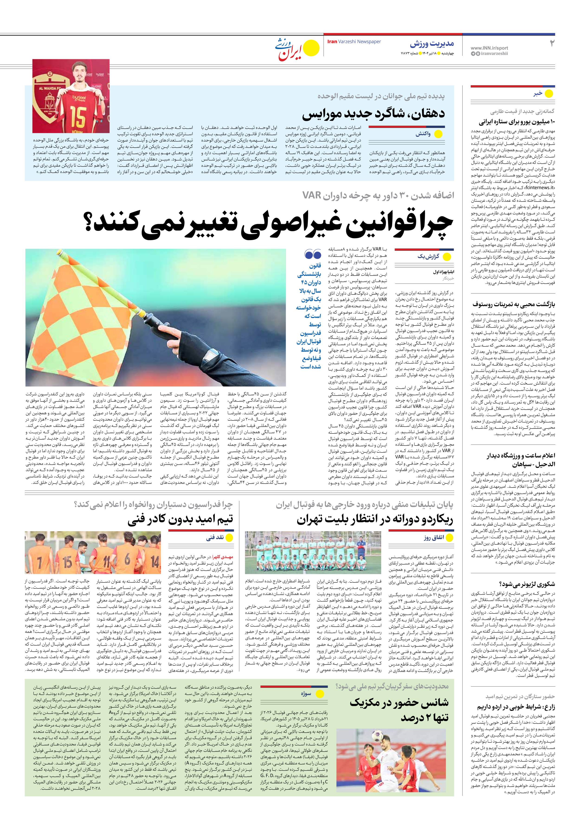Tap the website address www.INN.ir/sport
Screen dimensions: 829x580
tap(489, 48)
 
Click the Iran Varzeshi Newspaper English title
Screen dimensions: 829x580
tap(354, 42)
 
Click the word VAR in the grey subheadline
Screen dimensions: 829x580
tap(312, 195)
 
